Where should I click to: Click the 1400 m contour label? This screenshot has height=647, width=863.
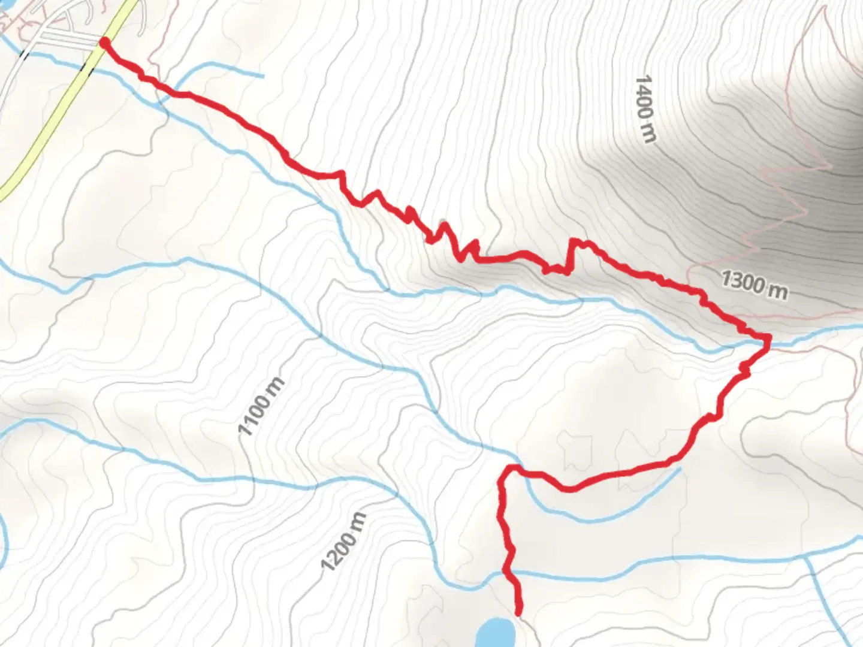[x=645, y=109]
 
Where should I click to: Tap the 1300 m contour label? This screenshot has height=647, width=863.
[x=754, y=283]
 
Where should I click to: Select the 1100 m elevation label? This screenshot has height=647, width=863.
[x=261, y=407]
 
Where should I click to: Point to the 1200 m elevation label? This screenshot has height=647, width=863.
[x=343, y=542]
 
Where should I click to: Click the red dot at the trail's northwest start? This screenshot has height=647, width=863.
[x=104, y=42]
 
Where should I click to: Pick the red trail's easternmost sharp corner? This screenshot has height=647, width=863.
[x=767, y=340]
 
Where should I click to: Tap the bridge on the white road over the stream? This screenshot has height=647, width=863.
[x=24, y=54]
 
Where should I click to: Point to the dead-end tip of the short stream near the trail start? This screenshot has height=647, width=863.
[x=262, y=76]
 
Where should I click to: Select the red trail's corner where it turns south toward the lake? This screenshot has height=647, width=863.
[x=509, y=467]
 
